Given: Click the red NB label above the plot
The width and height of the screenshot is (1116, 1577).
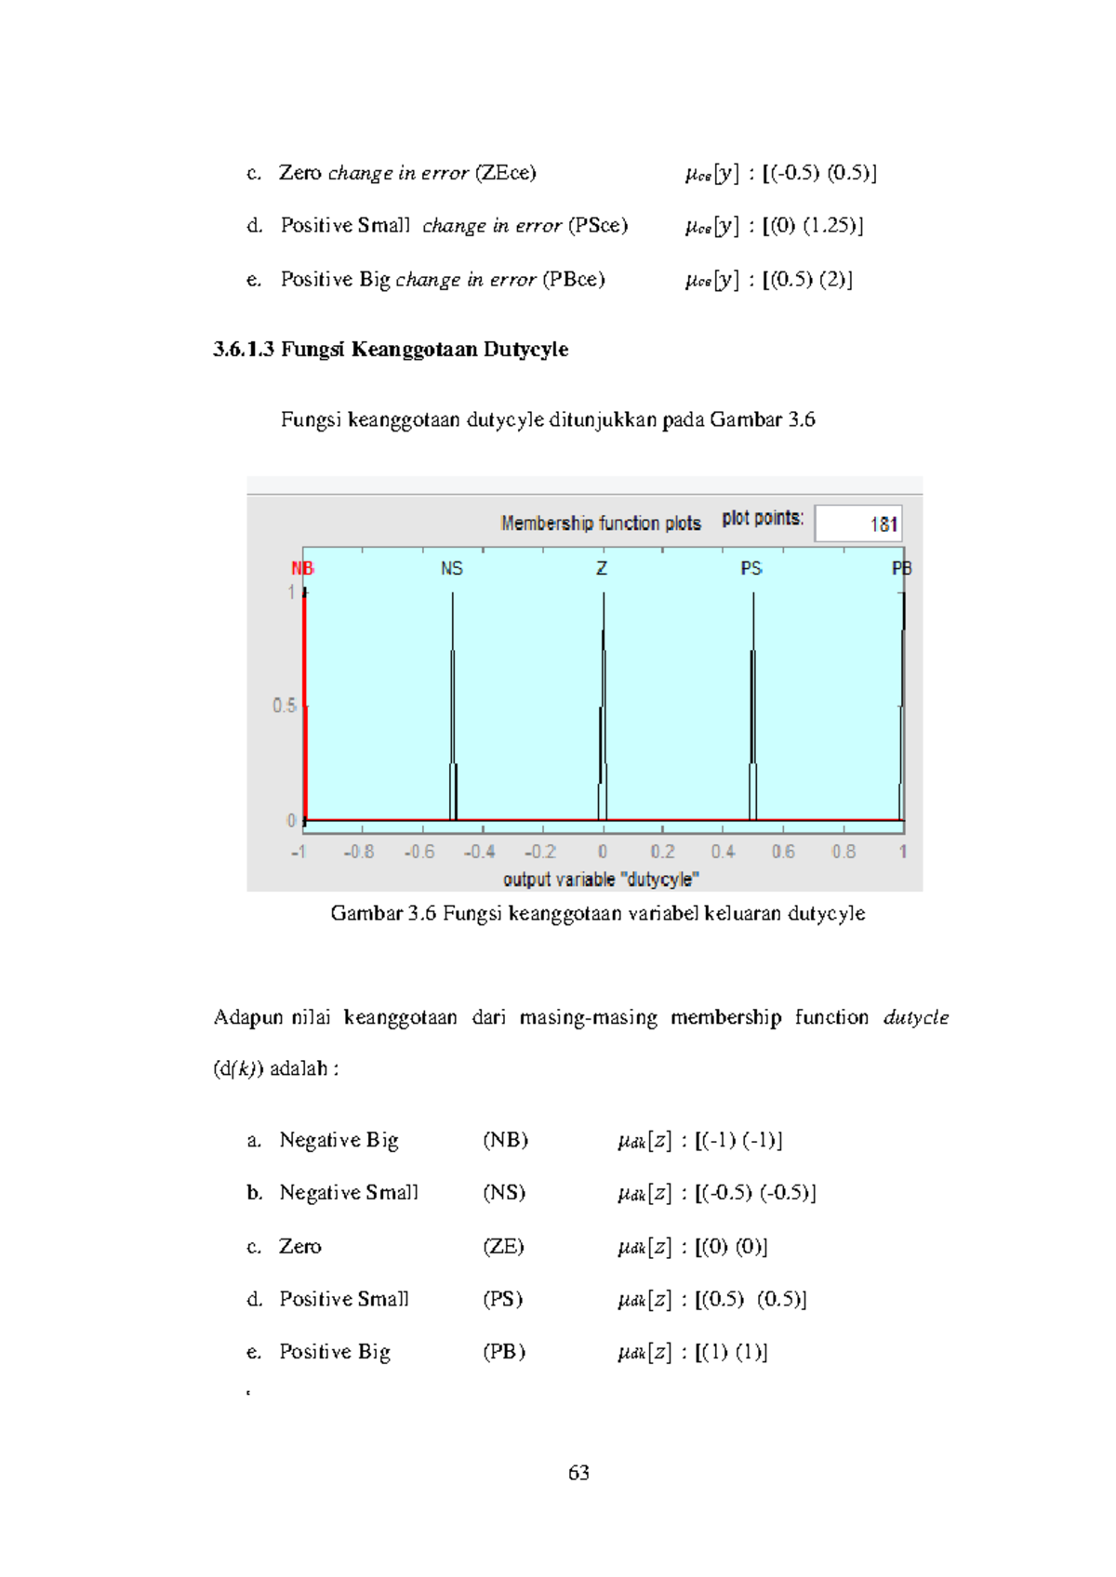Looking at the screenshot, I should coord(302,568).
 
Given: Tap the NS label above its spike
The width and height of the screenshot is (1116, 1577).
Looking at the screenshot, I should coord(451,568).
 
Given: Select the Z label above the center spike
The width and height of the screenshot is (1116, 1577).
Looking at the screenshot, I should coord(602,568).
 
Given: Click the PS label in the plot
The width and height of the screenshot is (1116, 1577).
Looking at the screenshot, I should coord(751,568).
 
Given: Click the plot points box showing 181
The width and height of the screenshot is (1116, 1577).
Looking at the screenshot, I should coord(857,523).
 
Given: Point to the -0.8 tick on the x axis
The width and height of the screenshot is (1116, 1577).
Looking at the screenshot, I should coord(358,852).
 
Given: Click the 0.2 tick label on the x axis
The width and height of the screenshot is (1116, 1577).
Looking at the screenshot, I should coord(662,852).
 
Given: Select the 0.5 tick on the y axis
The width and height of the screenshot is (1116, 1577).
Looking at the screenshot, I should coord(284,706).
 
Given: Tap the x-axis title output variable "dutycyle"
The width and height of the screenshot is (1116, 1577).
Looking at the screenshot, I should coord(601,880).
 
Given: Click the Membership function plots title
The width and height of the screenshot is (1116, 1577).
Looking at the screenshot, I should coord(601,523).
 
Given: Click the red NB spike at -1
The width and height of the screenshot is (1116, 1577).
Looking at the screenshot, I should coord(304,707).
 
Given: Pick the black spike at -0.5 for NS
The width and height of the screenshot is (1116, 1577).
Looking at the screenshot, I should coord(453,707).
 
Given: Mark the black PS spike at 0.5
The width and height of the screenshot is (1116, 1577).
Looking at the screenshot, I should coord(753,707).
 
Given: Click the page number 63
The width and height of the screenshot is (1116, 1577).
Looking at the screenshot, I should coord(578,1473).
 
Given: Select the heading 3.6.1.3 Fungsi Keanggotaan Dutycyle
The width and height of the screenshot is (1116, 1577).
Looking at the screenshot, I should coord(391,350).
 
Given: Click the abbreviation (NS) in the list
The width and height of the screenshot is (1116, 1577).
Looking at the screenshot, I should coord(504,1193).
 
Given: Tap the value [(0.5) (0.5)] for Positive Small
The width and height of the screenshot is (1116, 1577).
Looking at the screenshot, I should coord(751,1299).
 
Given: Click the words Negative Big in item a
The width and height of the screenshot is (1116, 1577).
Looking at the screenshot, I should coord(339,1140).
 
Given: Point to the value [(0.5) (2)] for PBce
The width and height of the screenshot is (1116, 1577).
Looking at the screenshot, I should coord(806,280).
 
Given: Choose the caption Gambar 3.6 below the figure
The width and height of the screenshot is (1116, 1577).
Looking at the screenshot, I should coord(597,913).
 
